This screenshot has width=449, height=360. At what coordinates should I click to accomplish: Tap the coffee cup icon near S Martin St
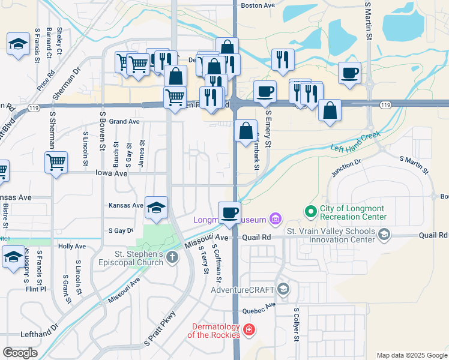(x=349, y=73)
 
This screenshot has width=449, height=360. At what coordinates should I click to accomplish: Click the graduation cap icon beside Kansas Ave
(x=156, y=208)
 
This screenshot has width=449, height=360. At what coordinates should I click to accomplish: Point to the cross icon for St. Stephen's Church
(x=172, y=258)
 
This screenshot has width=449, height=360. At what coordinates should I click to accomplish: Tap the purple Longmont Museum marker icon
(x=276, y=218)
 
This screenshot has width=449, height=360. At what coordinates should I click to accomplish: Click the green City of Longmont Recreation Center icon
(x=311, y=211)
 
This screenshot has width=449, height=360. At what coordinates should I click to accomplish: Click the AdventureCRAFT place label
(x=243, y=290)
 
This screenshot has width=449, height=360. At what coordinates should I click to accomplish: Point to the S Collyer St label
(x=296, y=325)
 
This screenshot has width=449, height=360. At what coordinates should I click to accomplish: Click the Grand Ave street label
(x=124, y=121)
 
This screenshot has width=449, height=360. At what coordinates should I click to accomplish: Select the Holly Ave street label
(x=72, y=246)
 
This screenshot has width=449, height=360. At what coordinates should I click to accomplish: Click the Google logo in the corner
(x=20, y=353)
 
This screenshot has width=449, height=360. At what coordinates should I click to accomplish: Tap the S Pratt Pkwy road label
(x=158, y=329)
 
